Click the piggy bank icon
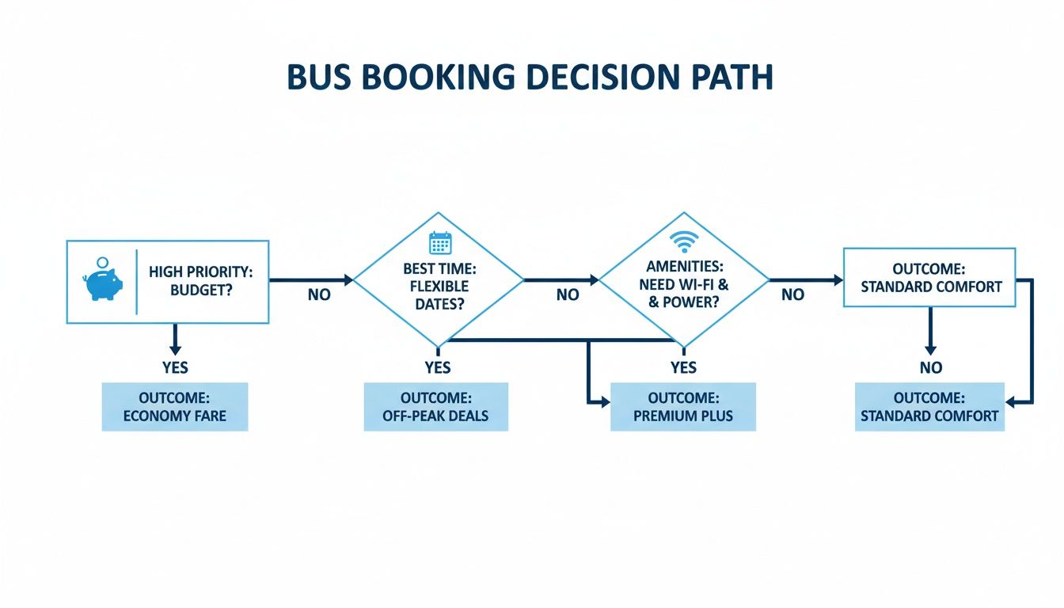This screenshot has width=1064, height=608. [x=103, y=282]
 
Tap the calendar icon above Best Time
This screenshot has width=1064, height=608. [x=439, y=242]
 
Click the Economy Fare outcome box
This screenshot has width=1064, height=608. [x=175, y=406]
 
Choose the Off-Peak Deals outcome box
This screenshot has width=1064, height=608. [x=436, y=406]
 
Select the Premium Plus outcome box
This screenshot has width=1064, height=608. [x=683, y=406]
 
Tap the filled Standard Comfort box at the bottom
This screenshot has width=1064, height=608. [x=929, y=406]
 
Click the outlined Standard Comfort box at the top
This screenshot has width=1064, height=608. [x=929, y=277]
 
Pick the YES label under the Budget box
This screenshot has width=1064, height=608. [x=175, y=367]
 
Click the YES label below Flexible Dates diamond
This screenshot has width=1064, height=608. [x=437, y=367]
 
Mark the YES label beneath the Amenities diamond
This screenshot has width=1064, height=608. [x=683, y=367]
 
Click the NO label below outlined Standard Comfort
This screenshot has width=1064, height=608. [x=931, y=367]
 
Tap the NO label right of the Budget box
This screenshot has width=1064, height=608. [x=319, y=295]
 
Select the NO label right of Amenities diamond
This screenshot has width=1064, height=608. [x=792, y=295]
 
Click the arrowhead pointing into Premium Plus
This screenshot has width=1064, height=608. [x=605, y=402]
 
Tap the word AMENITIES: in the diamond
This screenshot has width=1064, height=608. [x=683, y=268]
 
